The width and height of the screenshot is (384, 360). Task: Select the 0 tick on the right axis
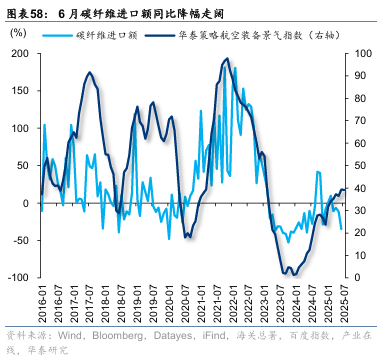(358, 277)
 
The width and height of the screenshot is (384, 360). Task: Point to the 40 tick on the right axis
(361, 187)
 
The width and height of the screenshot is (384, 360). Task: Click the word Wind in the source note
(69, 335)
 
